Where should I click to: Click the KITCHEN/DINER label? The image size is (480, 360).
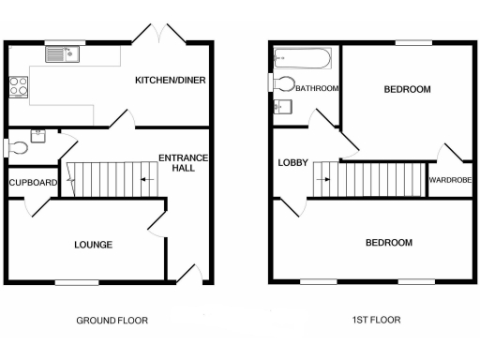tap(170, 81)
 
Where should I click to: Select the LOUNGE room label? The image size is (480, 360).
tap(94, 245)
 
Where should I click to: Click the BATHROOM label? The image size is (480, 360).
tap(317, 88)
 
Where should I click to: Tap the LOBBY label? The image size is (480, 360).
tap(292, 163)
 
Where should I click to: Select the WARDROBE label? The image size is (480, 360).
tap(449, 182)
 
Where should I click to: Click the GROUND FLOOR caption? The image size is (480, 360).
tap(112, 320)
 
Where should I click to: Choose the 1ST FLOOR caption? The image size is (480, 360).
tap(376, 320)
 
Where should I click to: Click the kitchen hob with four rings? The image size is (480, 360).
tap(19, 86)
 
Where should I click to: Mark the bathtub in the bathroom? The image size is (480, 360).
tap(300, 61)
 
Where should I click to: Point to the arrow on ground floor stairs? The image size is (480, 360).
tap(146, 176)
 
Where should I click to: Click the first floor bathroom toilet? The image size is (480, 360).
tap(283, 83)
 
